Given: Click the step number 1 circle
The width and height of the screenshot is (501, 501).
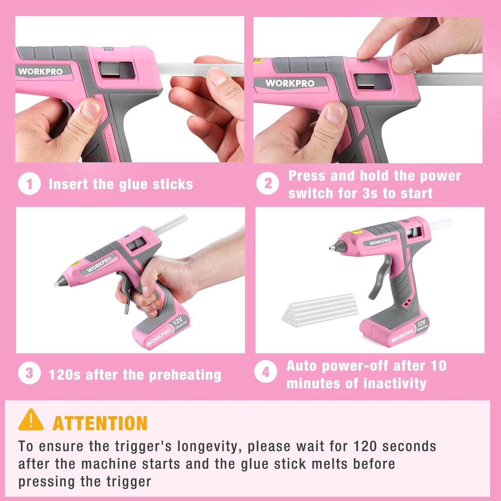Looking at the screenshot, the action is (x=29, y=184).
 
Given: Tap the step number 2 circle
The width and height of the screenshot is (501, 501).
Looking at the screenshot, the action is (x=268, y=184).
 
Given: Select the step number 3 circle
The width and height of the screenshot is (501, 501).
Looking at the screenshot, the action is (x=29, y=373).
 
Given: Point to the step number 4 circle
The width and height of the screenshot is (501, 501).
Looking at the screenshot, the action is (x=265, y=373).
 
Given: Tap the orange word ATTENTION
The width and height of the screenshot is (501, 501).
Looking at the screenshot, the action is (x=100, y=423).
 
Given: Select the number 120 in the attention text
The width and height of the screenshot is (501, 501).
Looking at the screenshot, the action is (x=364, y=446).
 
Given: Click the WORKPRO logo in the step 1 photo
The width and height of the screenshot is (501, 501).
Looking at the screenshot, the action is (x=40, y=72).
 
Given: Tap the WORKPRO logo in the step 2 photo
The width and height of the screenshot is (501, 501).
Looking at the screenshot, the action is (x=290, y=83).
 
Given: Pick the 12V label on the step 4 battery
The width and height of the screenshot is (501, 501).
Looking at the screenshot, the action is (x=421, y=323).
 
